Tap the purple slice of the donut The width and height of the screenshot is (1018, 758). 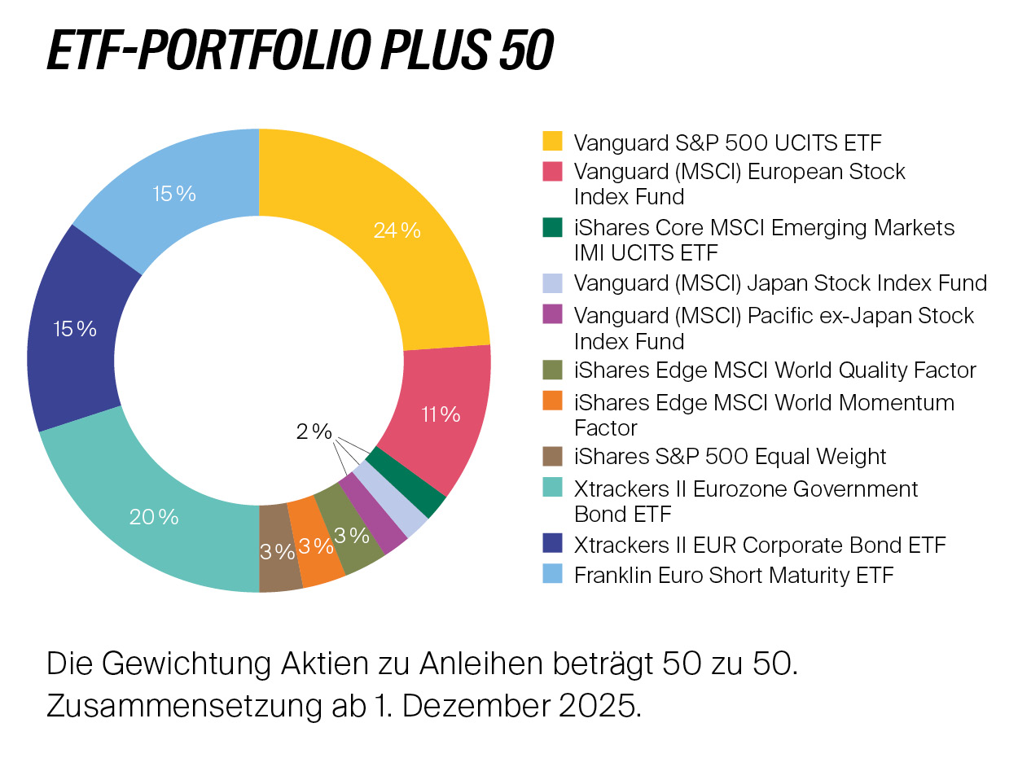coord(373,515)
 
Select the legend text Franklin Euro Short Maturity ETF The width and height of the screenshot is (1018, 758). coord(734,575)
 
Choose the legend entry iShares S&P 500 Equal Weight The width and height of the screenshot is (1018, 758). coord(730,456)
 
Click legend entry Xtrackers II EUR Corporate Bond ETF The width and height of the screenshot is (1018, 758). coord(760,544)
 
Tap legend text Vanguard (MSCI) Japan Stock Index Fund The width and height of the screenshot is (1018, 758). coord(780,283)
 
